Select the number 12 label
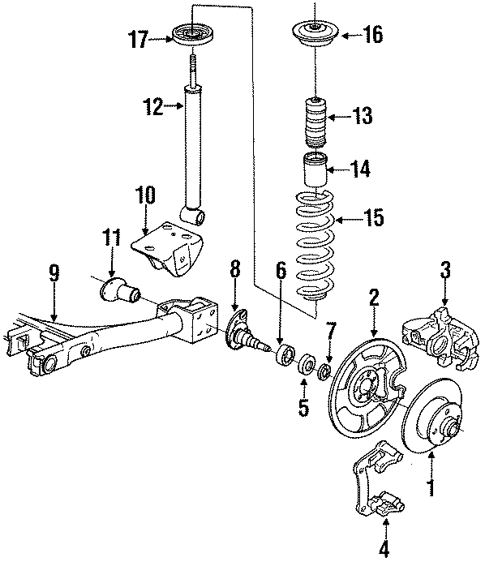pyautogui.click(x=152, y=105)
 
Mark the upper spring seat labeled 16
pyautogui.click(x=314, y=35)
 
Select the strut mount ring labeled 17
pyautogui.click(x=193, y=36)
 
